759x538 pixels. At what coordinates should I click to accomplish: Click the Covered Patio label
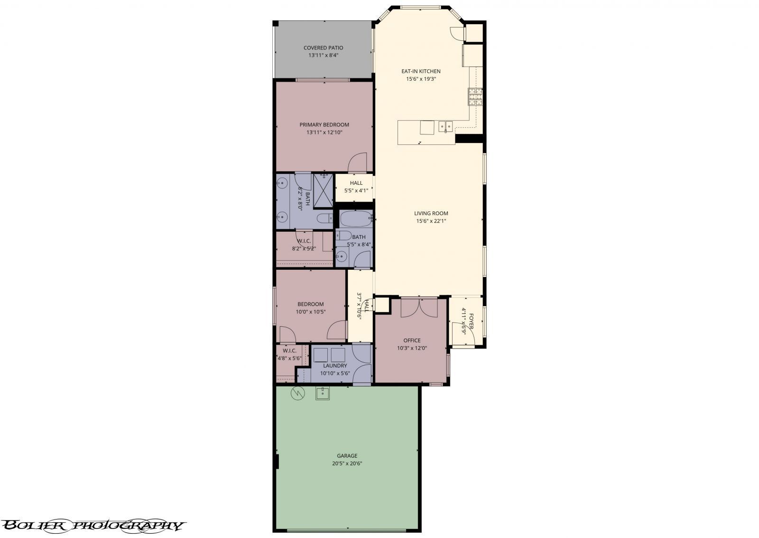point(323,48)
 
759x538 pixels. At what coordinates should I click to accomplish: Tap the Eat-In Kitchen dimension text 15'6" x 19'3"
point(420,79)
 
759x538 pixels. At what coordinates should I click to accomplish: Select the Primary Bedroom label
point(324,125)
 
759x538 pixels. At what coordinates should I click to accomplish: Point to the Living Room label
point(431,214)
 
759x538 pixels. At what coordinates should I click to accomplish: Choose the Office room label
point(412,340)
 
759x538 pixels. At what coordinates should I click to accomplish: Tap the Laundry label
point(335,366)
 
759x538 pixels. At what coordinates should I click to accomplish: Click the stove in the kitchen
point(475,97)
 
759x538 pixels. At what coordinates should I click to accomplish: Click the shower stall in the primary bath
point(323,190)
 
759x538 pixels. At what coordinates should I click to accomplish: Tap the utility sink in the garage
point(323,394)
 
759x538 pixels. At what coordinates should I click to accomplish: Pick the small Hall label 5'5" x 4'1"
point(356,183)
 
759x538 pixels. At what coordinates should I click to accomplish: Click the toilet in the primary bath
point(325,219)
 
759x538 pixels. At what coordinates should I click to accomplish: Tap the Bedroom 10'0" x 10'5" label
point(311,304)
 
